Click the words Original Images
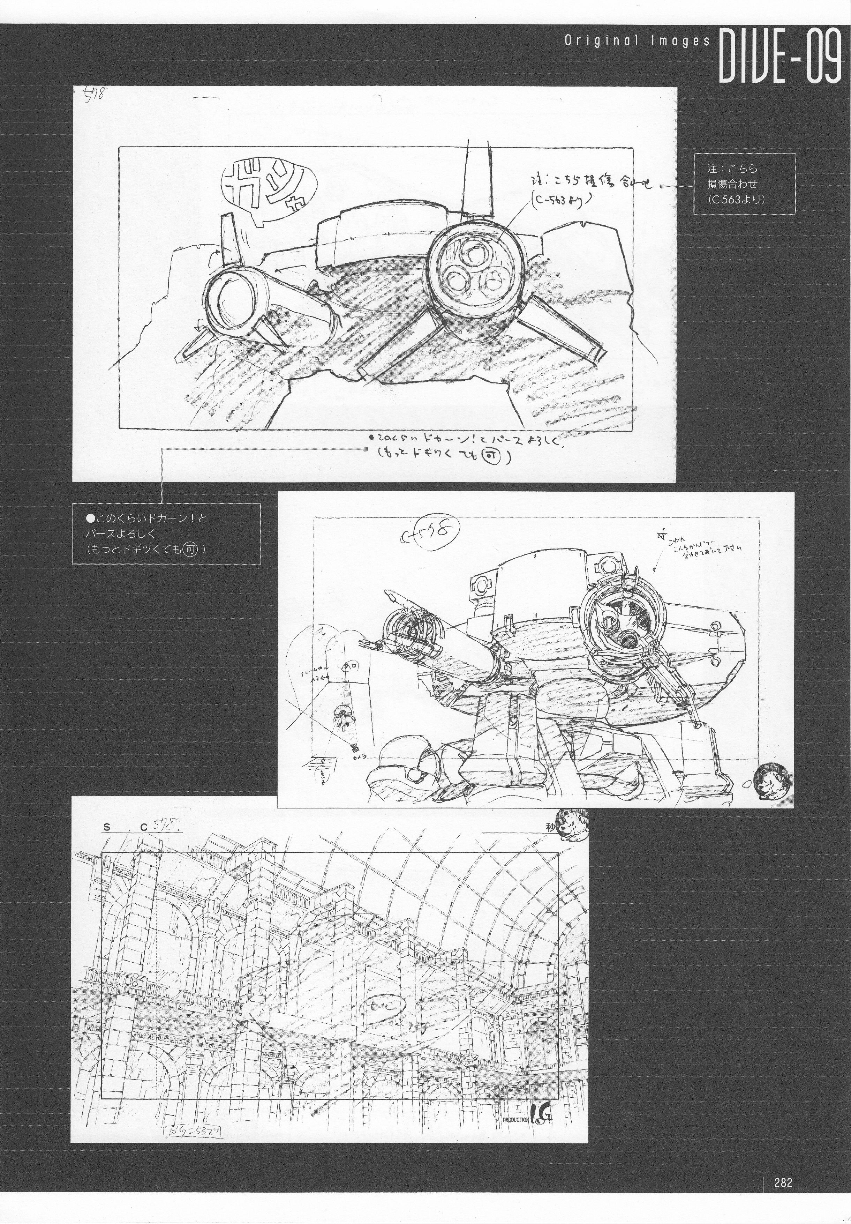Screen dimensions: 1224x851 pyautogui.click(x=637, y=42)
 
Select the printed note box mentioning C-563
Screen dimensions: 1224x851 pyautogui.click(x=744, y=184)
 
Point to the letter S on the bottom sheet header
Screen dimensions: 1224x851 pyautogui.click(x=107, y=827)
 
